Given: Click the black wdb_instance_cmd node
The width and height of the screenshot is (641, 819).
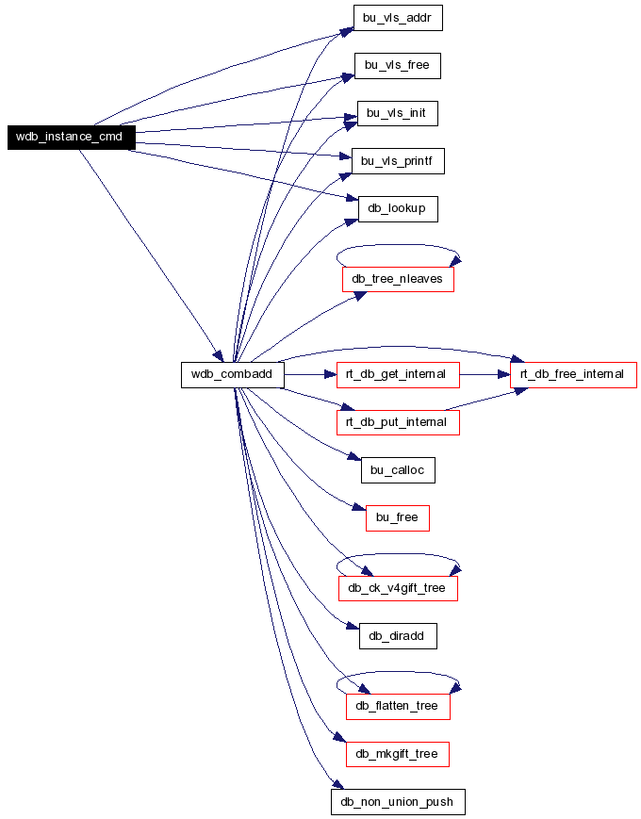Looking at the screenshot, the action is tap(72, 138).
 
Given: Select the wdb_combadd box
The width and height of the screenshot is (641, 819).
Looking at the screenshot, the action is tap(233, 374).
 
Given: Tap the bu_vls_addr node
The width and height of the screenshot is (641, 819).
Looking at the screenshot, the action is tap(398, 18).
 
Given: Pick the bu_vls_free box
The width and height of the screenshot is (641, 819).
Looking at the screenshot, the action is tap(398, 66).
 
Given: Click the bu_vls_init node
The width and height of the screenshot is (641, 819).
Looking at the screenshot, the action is tap(398, 113).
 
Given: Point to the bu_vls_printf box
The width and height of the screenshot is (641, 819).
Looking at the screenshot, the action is tap(398, 161).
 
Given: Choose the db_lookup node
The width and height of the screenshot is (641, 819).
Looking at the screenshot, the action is tap(398, 209).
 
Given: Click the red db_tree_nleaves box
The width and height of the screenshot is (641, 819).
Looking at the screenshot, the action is tap(398, 280).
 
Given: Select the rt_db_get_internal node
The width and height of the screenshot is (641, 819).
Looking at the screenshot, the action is tap(398, 374).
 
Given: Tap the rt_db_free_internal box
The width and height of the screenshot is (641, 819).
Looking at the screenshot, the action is tap(574, 374).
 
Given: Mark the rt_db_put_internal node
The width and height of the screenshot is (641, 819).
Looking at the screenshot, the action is tap(398, 422).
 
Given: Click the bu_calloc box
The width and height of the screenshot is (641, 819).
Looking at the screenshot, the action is tap(398, 470).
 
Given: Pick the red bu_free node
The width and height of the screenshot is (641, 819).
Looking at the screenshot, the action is tap(398, 518).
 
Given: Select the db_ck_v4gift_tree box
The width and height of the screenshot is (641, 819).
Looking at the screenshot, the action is tap(398, 589).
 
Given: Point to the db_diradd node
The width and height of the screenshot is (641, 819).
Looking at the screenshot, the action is tap(398, 636).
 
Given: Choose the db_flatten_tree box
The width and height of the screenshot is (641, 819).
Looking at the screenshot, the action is tap(398, 707).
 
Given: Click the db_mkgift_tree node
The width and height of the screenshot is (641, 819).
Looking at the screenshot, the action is tap(398, 754).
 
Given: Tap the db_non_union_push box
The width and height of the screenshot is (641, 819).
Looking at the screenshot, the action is tap(398, 802).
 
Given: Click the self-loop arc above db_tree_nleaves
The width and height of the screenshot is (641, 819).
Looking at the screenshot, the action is tap(398, 245).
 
